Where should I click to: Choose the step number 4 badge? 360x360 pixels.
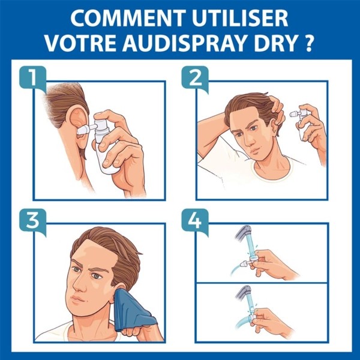[193, 220]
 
